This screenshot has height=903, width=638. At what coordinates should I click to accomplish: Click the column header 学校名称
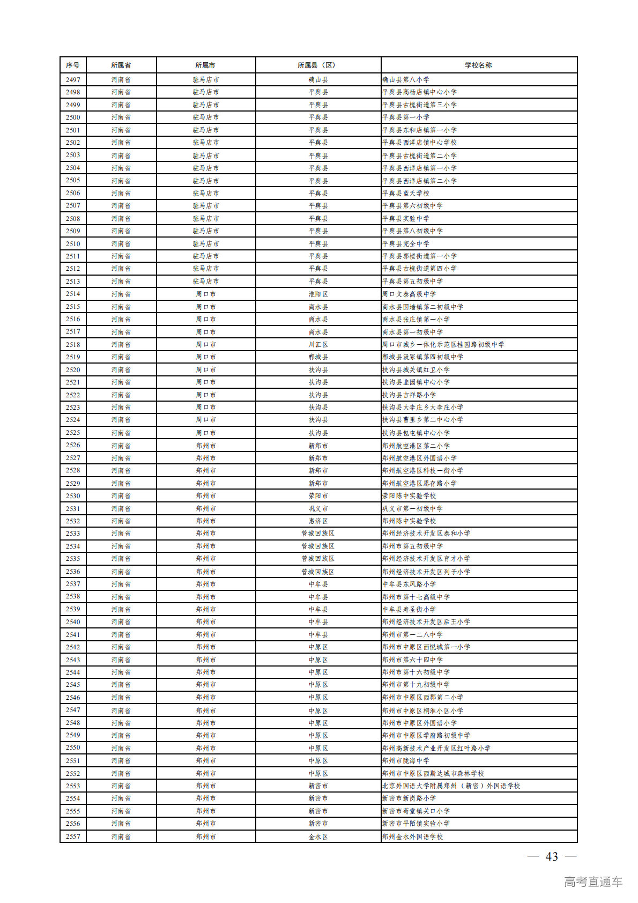478,65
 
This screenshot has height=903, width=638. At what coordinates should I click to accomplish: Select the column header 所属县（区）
318,65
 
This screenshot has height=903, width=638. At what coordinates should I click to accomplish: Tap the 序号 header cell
73,65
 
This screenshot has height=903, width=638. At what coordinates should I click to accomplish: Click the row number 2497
73,80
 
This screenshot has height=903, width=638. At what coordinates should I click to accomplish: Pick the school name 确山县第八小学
406,80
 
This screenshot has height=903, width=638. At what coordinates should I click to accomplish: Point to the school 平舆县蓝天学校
406,193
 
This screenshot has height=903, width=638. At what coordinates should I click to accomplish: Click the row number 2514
73,294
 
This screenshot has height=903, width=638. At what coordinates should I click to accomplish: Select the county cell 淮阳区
318,294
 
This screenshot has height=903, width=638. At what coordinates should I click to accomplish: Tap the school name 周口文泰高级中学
409,294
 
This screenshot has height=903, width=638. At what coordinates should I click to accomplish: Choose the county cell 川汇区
318,345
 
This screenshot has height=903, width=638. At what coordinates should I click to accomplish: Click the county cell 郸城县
318,357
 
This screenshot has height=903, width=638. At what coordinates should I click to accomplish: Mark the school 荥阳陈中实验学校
409,496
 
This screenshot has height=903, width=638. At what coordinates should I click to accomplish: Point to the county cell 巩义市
318,509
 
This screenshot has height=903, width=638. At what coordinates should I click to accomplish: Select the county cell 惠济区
318,521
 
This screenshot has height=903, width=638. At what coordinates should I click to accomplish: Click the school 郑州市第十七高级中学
416,597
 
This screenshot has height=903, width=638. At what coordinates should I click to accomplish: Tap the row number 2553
73,786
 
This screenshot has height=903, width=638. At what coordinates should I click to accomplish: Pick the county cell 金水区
318,837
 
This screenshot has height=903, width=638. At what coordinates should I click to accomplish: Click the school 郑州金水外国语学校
413,837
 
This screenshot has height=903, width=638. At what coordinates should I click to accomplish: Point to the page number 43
552,857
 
